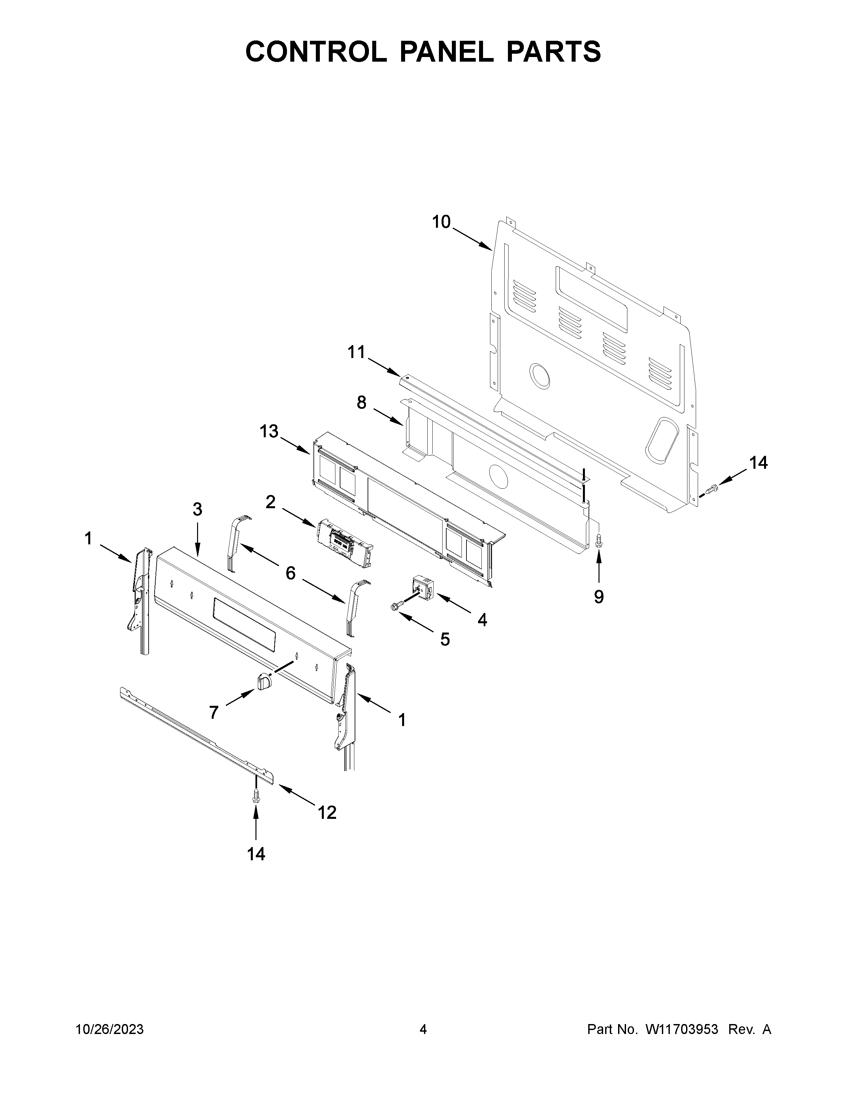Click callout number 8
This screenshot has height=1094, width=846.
click(x=361, y=402)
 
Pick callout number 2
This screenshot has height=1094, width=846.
click(x=271, y=502)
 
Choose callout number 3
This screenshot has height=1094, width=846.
click(x=197, y=510)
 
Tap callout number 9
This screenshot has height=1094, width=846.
click(x=599, y=597)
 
